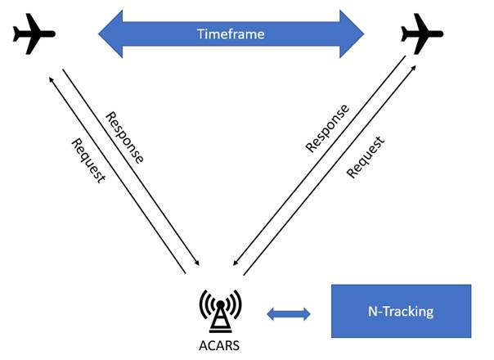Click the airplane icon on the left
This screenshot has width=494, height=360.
(x=34, y=34)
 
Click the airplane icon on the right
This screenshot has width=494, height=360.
(x=422, y=34)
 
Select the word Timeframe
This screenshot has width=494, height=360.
(x=231, y=34)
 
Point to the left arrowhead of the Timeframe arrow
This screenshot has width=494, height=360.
(x=110, y=34)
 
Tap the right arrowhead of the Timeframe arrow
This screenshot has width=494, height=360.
(x=353, y=34)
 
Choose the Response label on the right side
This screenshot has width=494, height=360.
(x=327, y=128)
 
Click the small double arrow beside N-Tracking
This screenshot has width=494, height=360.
(x=289, y=312)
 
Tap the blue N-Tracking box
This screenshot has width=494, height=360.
(x=400, y=311)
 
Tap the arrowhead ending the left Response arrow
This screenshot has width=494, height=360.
(x=197, y=265)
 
